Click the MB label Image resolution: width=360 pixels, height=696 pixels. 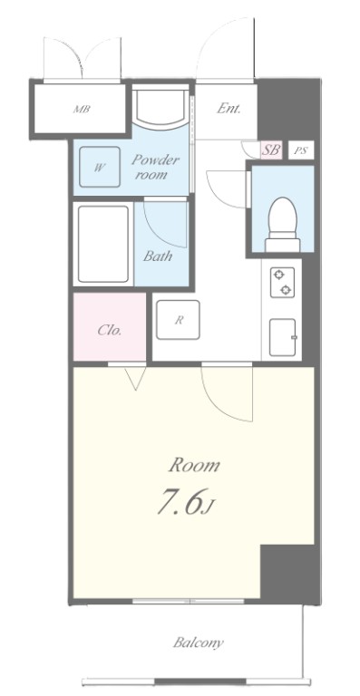tap(82, 109)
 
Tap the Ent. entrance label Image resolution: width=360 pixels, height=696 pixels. tap(229, 109)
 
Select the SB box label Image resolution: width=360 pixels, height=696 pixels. tap(271, 150)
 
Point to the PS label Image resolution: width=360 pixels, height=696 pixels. tap(301, 150)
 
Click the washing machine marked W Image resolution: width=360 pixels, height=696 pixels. tap(100, 167)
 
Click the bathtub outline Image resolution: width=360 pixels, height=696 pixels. tap(103, 244)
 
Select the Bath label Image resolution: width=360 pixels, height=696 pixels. tap(158, 256)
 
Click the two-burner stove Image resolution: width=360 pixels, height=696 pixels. tap(282, 283)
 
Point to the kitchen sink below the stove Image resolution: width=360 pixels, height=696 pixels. tap(282, 337)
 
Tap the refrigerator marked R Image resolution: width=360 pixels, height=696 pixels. tap(179, 321)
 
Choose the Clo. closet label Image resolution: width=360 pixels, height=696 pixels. tap(110, 330)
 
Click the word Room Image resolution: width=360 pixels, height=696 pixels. tap(194, 466)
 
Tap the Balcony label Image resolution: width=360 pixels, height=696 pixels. tap(198, 643)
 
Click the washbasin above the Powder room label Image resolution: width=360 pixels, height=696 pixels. tap(161, 107)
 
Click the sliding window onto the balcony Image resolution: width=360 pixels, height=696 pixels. tap(189, 602)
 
